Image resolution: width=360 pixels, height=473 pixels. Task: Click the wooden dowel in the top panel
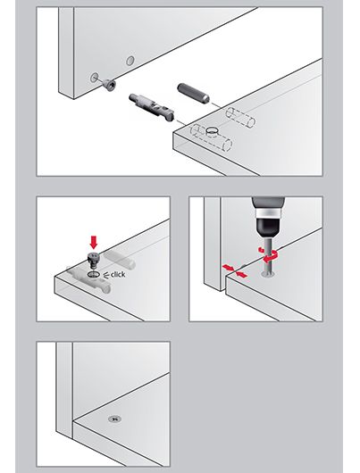coord(193,93)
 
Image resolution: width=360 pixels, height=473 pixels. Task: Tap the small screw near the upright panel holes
coord(109,84)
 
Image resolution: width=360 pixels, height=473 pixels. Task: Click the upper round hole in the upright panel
coord(130,61)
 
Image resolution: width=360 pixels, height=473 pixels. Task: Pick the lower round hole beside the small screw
coord(94,78)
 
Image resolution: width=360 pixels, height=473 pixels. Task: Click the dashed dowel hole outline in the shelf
coord(240,117)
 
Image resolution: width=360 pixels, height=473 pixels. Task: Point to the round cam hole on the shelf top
coord(213,130)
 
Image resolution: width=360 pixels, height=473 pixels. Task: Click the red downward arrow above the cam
coord(94,242)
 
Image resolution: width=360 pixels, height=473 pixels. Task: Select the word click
coord(118,275)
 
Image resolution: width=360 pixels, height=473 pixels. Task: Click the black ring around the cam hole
coord(93,274)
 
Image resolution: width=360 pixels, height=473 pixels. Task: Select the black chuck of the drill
coord(268,227)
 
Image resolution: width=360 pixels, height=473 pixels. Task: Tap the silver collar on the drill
coord(268,212)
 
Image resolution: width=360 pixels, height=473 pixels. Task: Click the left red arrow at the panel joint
coord(228,267)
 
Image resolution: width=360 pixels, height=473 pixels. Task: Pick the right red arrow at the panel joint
coord(241,274)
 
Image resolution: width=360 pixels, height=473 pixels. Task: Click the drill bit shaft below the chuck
coord(267,255)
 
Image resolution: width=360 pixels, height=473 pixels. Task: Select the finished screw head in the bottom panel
coord(114,419)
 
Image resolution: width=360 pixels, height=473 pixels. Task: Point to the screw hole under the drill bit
coord(267,274)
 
